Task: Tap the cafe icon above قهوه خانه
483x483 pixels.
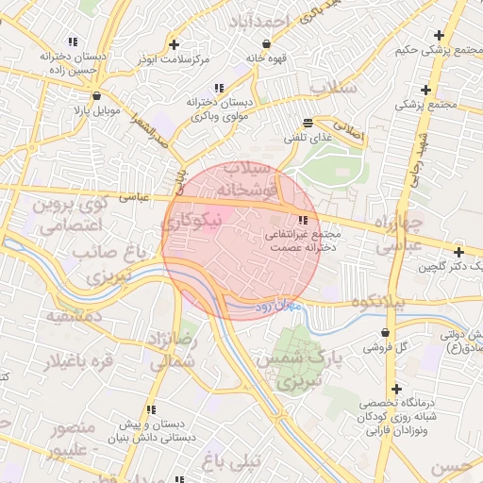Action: coord(266,43)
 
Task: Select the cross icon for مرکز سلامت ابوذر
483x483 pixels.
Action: coord(173,44)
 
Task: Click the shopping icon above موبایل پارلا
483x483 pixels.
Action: coord(97,95)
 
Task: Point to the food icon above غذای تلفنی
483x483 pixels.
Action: coord(308,124)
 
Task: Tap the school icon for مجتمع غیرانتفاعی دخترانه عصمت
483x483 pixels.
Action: coord(302,221)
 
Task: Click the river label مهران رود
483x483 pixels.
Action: coord(276,307)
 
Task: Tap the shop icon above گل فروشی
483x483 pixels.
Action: coord(386,332)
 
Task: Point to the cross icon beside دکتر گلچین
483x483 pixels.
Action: coord(458,252)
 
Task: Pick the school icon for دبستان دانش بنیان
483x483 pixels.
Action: coord(150,409)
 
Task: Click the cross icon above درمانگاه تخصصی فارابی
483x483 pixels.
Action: coord(397,390)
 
